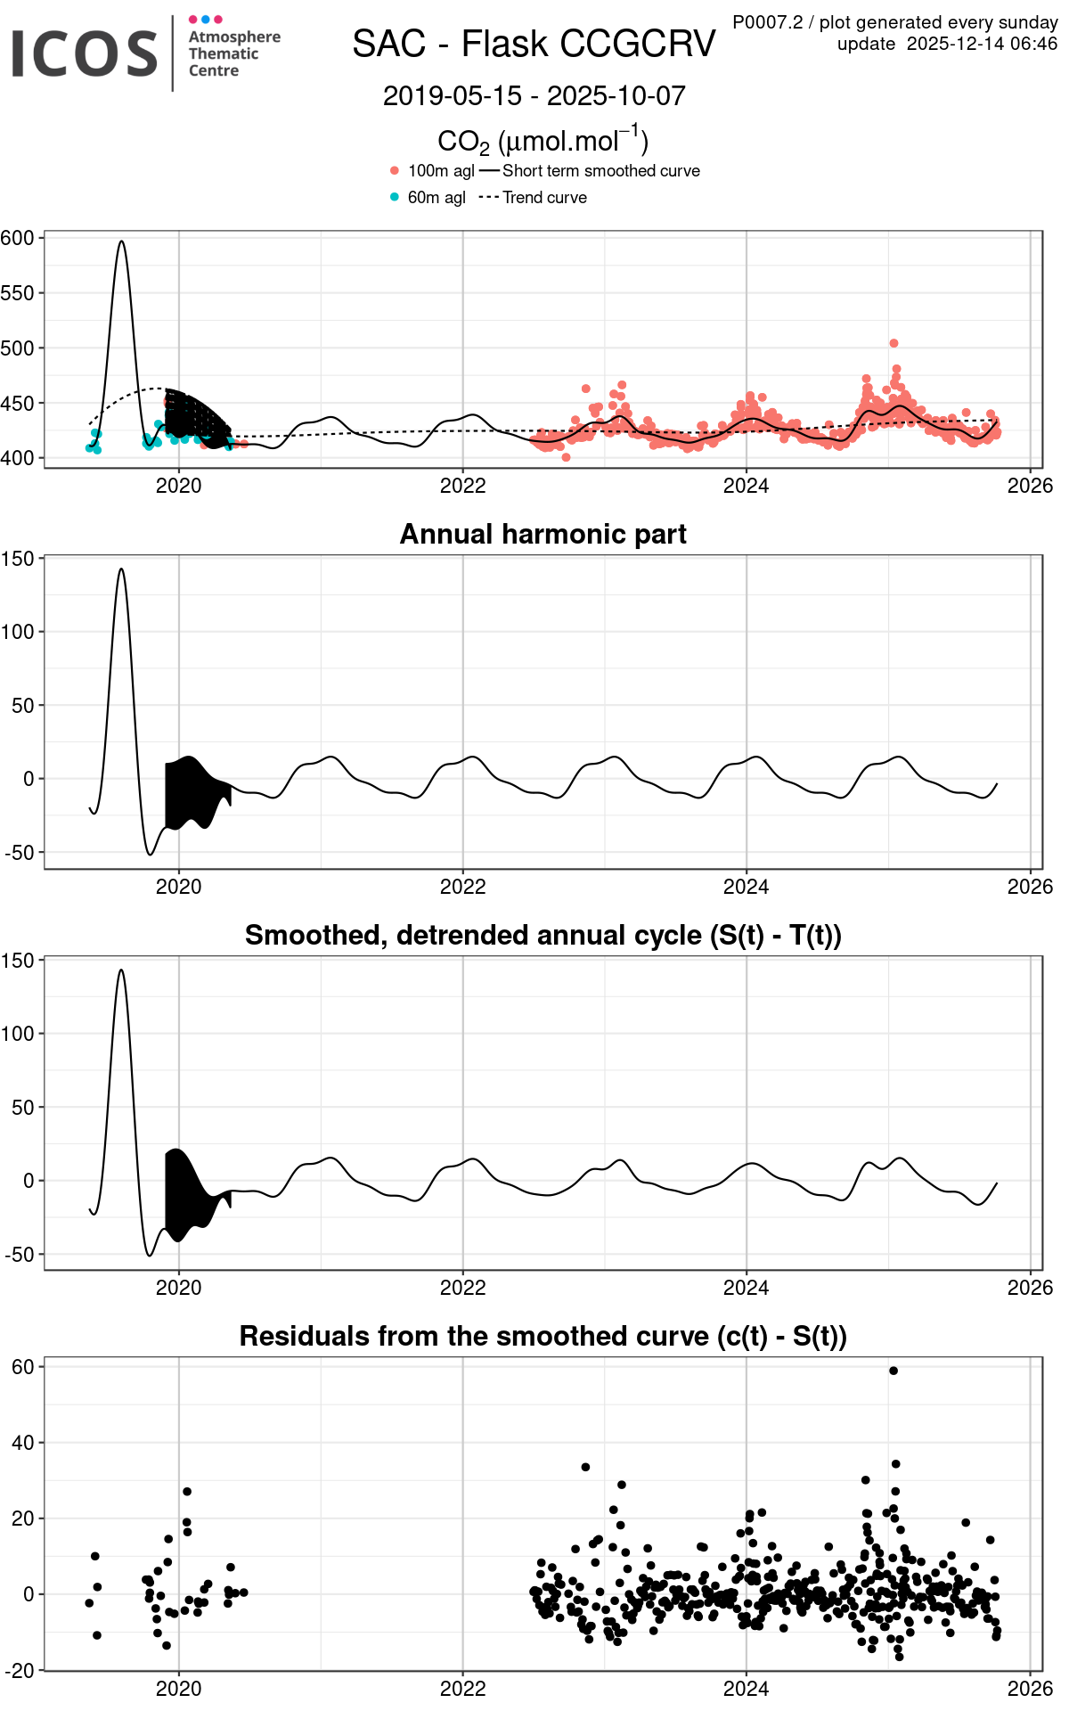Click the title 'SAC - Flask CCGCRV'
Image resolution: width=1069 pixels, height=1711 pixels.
tap(534, 44)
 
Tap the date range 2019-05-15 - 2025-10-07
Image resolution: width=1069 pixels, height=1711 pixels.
tap(534, 96)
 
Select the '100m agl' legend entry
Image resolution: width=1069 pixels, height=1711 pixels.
tap(440, 171)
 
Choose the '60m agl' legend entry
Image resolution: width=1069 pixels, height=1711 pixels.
tap(436, 198)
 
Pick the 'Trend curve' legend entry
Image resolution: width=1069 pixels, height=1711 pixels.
tap(544, 198)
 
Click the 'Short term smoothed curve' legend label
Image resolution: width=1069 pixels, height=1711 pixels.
tap(600, 171)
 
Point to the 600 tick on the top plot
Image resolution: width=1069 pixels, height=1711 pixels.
tap(18, 238)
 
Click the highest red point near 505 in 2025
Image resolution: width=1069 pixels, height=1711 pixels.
tap(894, 343)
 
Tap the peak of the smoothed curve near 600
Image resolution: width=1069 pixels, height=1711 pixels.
tap(121, 241)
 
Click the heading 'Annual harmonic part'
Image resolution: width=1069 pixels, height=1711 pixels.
tap(543, 534)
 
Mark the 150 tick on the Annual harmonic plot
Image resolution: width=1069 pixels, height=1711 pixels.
tap(18, 559)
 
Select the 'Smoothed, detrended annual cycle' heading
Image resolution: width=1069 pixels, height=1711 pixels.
tap(543, 935)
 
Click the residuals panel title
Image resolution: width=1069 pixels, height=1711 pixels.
tap(543, 1336)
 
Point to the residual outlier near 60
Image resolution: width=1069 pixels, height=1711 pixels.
tap(894, 1371)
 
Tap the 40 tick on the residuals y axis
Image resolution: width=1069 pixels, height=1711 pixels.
tap(22, 1443)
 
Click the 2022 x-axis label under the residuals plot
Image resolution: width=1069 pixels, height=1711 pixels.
tap(462, 1689)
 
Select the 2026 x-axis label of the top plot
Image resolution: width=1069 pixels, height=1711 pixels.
tap(1030, 486)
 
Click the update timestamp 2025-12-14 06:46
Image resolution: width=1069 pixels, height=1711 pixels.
tap(982, 44)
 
